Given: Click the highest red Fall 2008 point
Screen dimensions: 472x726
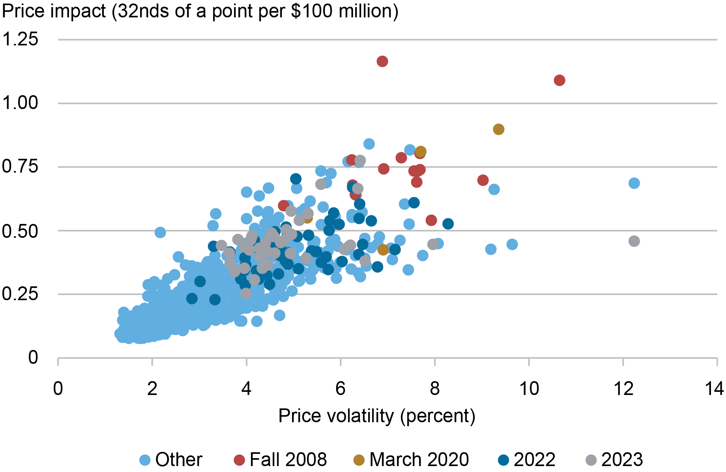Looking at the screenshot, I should pyautogui.click(x=382, y=61).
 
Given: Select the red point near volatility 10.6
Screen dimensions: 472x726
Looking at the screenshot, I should pyautogui.click(x=559, y=80).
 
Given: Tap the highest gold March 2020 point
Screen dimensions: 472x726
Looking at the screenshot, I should pyautogui.click(x=498, y=129).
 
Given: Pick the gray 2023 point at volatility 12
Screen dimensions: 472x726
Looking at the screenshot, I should pyautogui.click(x=634, y=241).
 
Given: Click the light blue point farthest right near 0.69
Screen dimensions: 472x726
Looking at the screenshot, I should pyautogui.click(x=634, y=183).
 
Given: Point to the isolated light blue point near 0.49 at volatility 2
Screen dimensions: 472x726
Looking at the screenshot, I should pyautogui.click(x=160, y=232).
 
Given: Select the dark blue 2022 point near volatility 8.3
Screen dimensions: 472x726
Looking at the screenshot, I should pyautogui.click(x=448, y=224).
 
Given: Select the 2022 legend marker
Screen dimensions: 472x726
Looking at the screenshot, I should pyautogui.click(x=503, y=460).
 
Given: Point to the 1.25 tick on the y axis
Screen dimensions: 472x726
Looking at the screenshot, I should pyautogui.click(x=21, y=39).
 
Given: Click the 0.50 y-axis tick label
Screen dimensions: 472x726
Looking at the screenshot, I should pyautogui.click(x=21, y=231).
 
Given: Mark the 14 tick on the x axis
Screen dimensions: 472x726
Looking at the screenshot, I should pyautogui.click(x=714, y=389).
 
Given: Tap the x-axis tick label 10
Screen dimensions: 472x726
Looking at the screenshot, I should pyautogui.click(x=529, y=389).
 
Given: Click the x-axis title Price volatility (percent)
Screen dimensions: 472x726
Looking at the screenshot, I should pyautogui.click(x=377, y=416).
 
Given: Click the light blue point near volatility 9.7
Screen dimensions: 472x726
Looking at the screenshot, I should pyautogui.click(x=512, y=244).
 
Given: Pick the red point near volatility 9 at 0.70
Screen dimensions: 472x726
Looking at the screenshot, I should pyautogui.click(x=483, y=180).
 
